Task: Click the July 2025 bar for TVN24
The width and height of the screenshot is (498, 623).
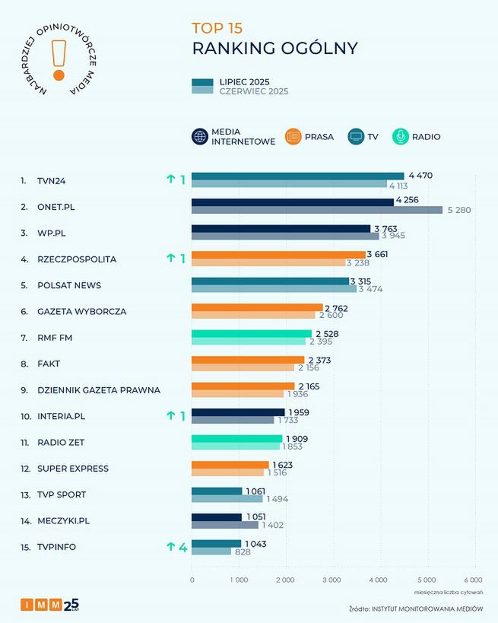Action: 297,176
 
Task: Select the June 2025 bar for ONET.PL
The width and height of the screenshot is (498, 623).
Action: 316,210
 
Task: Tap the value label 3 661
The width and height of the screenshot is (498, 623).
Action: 377,254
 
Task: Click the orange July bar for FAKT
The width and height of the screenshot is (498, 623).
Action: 247,359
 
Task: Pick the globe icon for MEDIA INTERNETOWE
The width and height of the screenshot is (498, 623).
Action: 200,137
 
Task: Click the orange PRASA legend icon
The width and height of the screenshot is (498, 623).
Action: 293,137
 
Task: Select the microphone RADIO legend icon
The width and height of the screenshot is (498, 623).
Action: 400,137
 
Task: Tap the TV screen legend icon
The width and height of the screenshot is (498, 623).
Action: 356,137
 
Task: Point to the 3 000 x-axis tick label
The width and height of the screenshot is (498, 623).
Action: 332,580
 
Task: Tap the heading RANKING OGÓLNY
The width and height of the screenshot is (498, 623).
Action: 274,49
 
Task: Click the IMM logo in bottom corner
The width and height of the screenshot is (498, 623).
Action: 49,605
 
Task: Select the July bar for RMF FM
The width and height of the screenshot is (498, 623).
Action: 251,333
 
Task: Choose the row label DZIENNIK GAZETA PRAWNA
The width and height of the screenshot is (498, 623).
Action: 99,390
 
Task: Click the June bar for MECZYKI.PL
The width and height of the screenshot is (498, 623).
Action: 225,525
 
